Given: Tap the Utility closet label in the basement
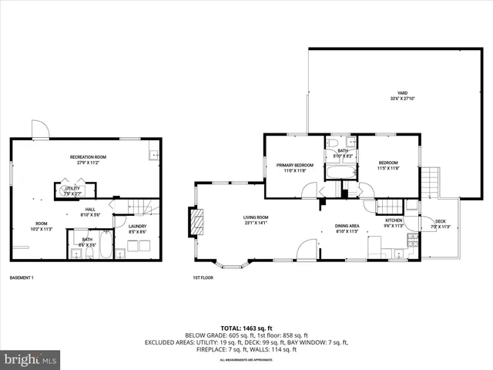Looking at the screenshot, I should (x=72, y=190).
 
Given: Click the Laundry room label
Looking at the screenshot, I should (x=137, y=229).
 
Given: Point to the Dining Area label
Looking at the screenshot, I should (x=347, y=228).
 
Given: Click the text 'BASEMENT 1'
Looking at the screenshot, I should (x=22, y=277).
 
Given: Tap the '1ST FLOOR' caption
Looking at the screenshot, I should (x=203, y=277).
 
